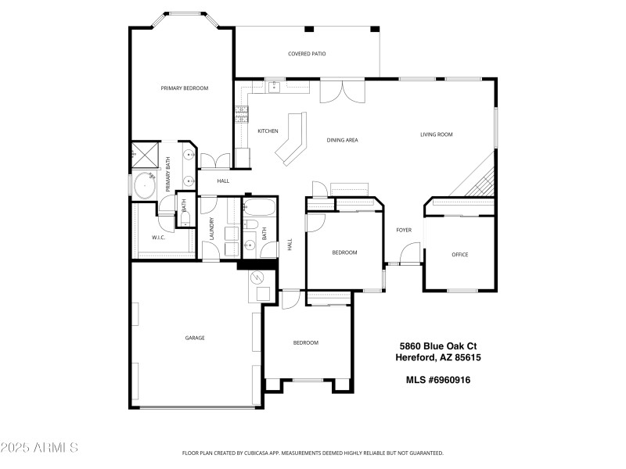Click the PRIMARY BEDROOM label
click(185, 88)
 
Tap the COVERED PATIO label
click(307, 54)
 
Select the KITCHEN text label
click(268, 131)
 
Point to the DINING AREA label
click(342, 140)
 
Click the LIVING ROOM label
click(437, 134)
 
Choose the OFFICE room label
click(459, 254)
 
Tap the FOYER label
click(404, 230)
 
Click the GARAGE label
click(195, 338)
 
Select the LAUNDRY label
click(211, 229)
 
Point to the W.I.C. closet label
click(158, 237)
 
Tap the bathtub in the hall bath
click(257, 209)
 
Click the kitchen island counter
click(291, 139)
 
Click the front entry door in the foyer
click(408, 255)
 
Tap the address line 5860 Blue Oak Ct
click(439, 345)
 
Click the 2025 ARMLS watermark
click(39, 448)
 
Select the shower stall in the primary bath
click(144, 155)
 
